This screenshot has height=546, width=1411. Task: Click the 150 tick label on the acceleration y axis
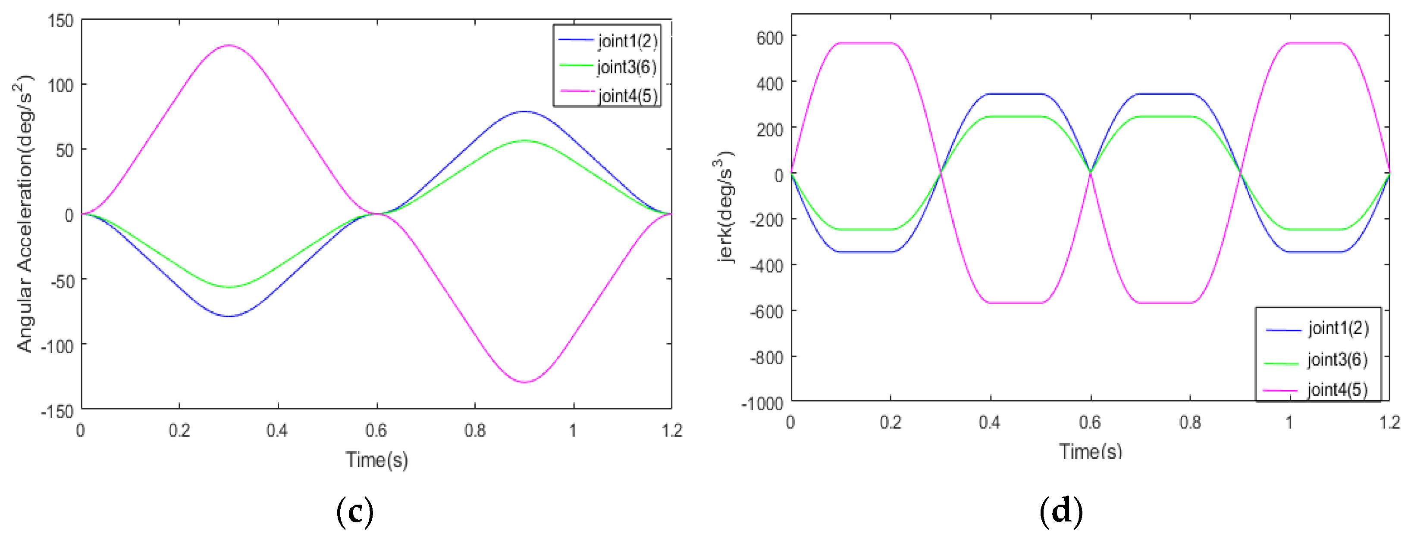point(61,22)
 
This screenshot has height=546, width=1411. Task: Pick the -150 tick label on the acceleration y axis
point(57,411)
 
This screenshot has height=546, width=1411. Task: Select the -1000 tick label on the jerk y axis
point(762,404)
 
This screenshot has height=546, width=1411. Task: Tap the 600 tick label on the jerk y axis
point(770,38)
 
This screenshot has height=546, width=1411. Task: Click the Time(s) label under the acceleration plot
point(376,459)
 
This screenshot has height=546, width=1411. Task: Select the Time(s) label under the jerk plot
point(1090,451)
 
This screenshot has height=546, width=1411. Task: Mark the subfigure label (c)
point(355,511)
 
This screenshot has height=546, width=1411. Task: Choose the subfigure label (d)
point(1061,511)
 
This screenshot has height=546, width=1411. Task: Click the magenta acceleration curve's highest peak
point(229,45)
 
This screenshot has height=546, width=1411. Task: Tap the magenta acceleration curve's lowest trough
point(525,382)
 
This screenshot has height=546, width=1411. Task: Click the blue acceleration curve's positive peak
point(525,112)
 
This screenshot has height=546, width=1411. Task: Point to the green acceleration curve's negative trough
point(229,287)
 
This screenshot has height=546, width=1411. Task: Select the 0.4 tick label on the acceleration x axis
point(277,431)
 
